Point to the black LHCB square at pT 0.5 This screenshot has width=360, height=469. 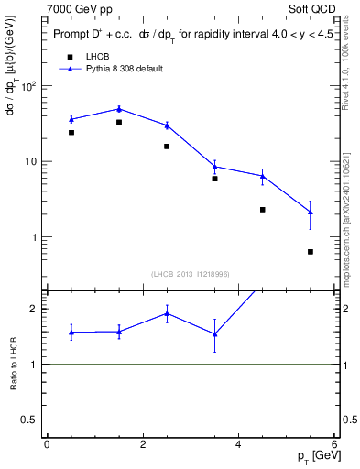point(71,133)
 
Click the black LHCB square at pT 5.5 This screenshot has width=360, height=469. point(311,252)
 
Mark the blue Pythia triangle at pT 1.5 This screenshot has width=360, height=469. point(119,109)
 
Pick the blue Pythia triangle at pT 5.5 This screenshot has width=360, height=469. point(311,213)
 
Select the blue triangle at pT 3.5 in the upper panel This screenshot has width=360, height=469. point(214,166)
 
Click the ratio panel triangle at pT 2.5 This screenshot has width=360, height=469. point(167,313)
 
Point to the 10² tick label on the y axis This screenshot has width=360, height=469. point(30,86)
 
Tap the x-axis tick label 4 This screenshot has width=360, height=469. point(238,444)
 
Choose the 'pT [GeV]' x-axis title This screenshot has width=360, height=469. point(314,456)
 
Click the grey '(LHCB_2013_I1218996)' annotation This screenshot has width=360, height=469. point(190,273)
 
